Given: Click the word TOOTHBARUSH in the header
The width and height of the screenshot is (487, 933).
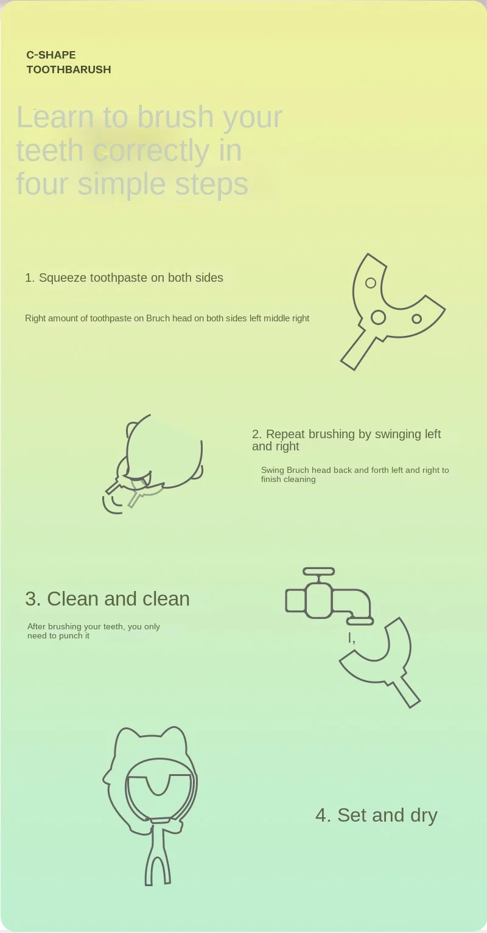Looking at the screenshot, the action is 69,69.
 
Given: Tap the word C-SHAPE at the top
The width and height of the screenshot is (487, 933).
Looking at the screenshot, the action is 51,55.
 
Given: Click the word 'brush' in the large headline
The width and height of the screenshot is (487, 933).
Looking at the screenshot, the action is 175,117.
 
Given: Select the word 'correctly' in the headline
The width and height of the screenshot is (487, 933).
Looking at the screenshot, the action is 151,150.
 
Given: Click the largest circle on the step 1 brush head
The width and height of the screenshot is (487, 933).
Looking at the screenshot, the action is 378,318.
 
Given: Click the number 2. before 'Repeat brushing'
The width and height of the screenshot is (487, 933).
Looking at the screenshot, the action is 257,434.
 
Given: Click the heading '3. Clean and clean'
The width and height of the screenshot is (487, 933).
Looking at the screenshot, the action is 108,599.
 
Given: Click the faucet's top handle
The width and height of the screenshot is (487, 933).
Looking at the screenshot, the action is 319,571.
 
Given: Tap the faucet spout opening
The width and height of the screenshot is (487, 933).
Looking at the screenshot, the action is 360,621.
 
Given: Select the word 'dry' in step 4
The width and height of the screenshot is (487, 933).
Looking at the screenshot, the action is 424,816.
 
